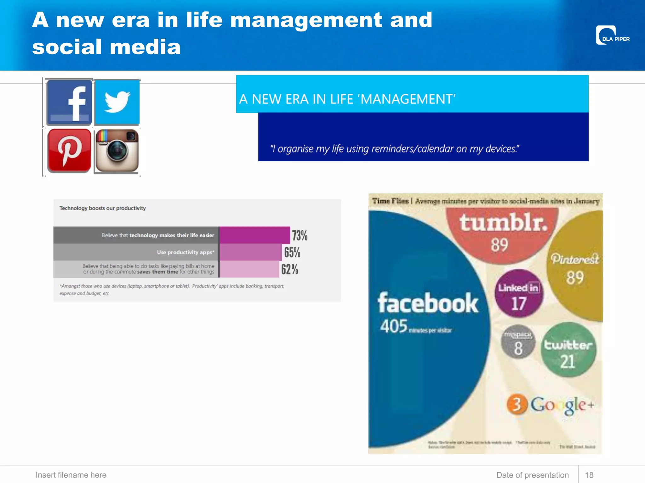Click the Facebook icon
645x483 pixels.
click(69, 103)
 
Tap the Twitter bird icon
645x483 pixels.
click(117, 102)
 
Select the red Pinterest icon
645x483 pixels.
click(69, 150)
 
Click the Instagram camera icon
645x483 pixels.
click(117, 151)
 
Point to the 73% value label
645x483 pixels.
click(300, 235)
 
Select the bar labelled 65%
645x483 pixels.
click(251, 252)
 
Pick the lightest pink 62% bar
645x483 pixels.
click(249, 269)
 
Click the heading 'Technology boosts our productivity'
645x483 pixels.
click(102, 208)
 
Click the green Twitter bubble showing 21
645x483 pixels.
click(568, 350)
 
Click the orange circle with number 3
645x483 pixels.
click(517, 404)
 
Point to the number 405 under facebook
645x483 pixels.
click(394, 326)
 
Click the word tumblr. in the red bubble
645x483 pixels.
click(503, 223)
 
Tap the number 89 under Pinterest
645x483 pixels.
click(575, 278)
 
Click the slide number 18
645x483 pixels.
click(589, 475)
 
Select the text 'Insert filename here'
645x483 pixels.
click(71, 475)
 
